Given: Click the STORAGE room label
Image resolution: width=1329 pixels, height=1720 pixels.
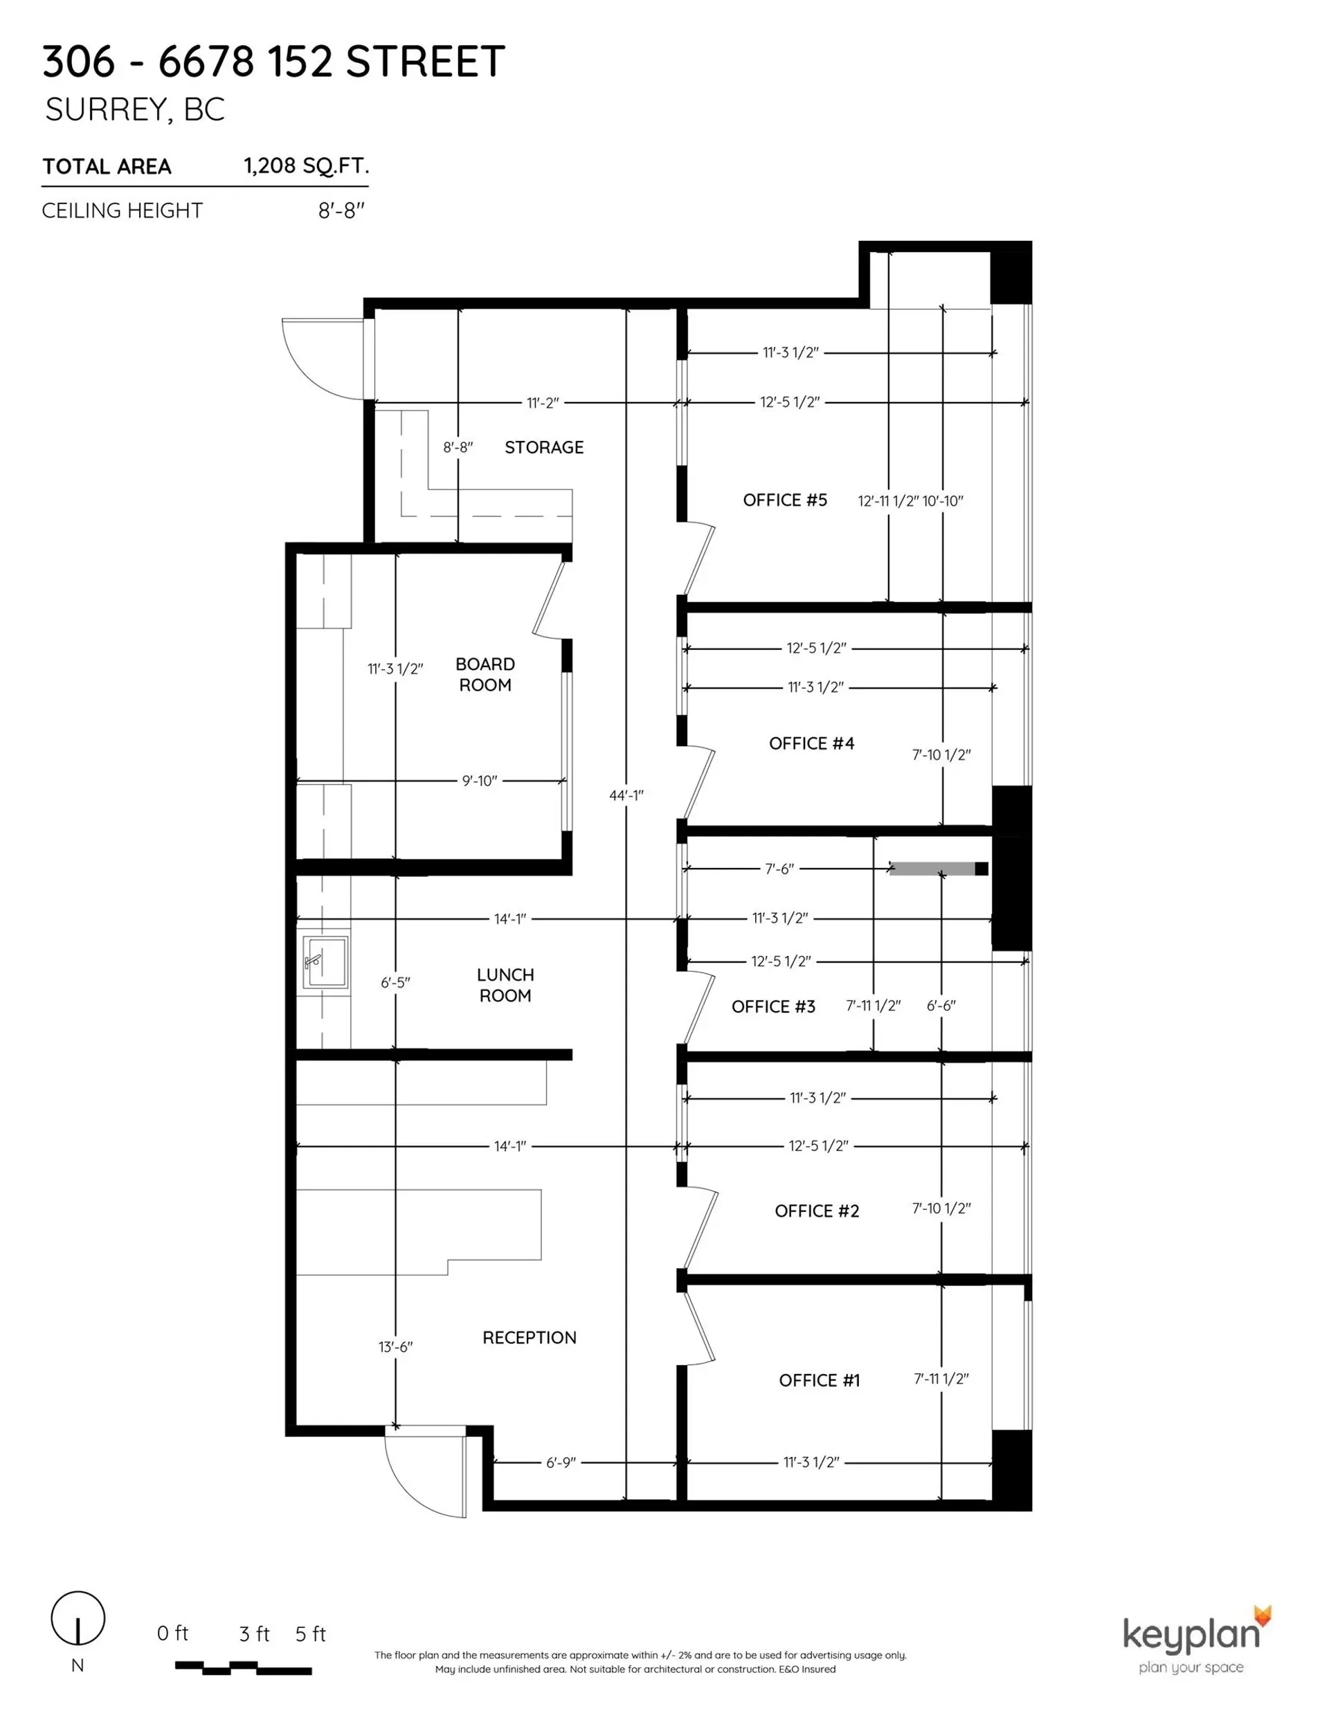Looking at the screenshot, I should (x=543, y=447).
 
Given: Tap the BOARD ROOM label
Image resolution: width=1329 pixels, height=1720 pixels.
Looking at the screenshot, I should (x=485, y=675).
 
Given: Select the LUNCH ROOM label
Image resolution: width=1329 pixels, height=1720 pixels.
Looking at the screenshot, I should (x=505, y=985).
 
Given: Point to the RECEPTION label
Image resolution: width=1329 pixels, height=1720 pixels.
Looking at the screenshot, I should (x=530, y=1338).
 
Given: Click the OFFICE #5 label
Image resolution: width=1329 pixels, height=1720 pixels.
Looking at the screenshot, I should (x=785, y=500).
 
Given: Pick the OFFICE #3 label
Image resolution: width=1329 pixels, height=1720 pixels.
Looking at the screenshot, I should (x=772, y=1006).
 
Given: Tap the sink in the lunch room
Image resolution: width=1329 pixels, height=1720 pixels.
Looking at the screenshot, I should (x=325, y=961).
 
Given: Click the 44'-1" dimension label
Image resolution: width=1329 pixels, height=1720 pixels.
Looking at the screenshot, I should (x=626, y=795).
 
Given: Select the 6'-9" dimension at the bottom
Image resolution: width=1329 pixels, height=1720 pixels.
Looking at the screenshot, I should (x=561, y=1463).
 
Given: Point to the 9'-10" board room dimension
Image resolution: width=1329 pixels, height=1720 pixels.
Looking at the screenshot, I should (x=479, y=781).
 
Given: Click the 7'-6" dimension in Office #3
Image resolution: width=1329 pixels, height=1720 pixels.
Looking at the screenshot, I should (x=779, y=869).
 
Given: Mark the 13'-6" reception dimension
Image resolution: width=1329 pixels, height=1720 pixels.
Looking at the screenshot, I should (x=395, y=1347).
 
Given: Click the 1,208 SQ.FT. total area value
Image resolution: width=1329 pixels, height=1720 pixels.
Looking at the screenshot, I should (x=306, y=165).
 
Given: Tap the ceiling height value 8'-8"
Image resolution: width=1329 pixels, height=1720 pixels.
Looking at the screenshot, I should (x=341, y=210).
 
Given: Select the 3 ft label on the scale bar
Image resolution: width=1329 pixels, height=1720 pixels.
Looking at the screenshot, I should (x=253, y=1634).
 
